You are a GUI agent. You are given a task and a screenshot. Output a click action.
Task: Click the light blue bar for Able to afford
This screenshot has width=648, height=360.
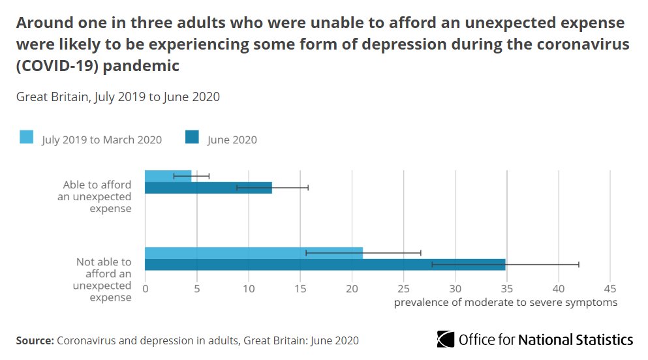pyautogui.click(x=168, y=176)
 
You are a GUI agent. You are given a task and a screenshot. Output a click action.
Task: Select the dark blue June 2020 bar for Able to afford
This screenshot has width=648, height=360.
pyautogui.click(x=208, y=188)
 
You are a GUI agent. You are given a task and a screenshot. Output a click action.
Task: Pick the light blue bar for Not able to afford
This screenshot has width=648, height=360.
pyautogui.click(x=253, y=253)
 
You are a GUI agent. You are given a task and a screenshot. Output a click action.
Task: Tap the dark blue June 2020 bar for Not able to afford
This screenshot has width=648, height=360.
pyautogui.click(x=324, y=265)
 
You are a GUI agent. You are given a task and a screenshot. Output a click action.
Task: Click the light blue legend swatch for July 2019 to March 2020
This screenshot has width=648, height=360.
pyautogui.click(x=27, y=138)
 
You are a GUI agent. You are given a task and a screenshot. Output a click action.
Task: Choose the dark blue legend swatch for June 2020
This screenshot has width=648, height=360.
pyautogui.click(x=193, y=138)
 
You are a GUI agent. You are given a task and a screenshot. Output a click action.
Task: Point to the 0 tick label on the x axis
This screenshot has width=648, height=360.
pyautogui.click(x=145, y=289)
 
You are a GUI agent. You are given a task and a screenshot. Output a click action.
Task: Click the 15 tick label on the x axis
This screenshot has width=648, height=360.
pyautogui.click(x=300, y=289)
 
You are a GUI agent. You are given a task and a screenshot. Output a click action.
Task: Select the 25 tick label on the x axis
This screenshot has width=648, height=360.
pyautogui.click(x=403, y=289)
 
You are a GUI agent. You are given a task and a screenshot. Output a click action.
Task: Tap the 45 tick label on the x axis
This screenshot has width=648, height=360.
pyautogui.click(x=610, y=289)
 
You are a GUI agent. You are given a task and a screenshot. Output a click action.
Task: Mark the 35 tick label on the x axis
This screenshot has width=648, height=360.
pyautogui.click(x=506, y=289)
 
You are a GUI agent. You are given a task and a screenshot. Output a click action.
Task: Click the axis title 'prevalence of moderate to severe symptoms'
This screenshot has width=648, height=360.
pyautogui.click(x=505, y=303)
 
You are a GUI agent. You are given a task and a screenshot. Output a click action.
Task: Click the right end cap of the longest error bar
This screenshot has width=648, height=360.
pyautogui.click(x=578, y=265)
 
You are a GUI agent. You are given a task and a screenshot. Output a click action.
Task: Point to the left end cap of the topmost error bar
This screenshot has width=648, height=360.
pyautogui.click(x=174, y=176)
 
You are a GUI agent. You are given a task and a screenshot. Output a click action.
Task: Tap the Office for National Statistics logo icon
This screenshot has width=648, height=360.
pyautogui.click(x=446, y=339)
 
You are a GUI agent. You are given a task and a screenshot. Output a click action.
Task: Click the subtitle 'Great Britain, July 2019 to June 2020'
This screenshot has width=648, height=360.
pyautogui.click(x=118, y=97)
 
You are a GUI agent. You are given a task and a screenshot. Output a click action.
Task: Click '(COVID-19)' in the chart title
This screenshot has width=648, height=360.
pyautogui.click(x=53, y=67)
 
